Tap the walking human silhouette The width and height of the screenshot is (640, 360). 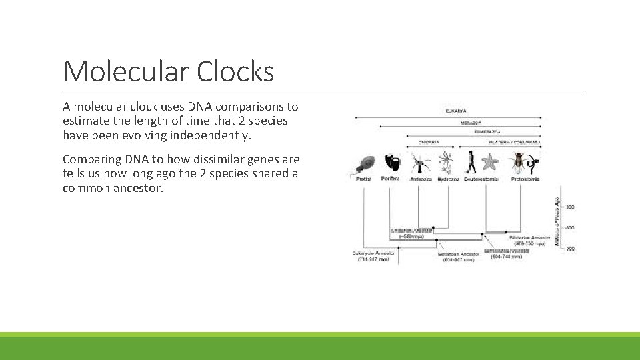tap(471, 162)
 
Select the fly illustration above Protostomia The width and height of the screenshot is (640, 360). tap(519, 162)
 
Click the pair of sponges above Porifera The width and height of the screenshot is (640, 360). tap(390, 163)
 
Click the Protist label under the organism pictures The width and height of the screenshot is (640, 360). tap(363, 179)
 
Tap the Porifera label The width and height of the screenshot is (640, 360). tap(390, 179)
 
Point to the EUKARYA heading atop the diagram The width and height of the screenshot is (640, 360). tap(456, 111)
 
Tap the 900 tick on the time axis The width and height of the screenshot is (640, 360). tap(570, 248)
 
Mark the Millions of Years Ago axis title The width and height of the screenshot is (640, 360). tap(558, 220)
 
